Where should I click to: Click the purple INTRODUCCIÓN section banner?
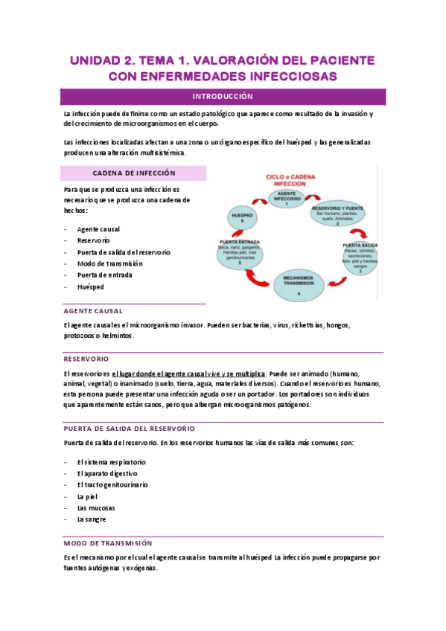coord(223,97)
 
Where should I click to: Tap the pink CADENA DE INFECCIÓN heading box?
coord(134,173)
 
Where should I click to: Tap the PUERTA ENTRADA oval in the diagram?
coord(240,252)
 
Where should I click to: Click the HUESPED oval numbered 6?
coord(241,217)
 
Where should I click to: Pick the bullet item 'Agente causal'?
coord(98,229)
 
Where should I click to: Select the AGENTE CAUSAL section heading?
coord(94,311)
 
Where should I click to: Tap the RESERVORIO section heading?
coord(86,358)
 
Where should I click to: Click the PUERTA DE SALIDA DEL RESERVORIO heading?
coord(130,429)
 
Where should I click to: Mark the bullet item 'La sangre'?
coord(92,519)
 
